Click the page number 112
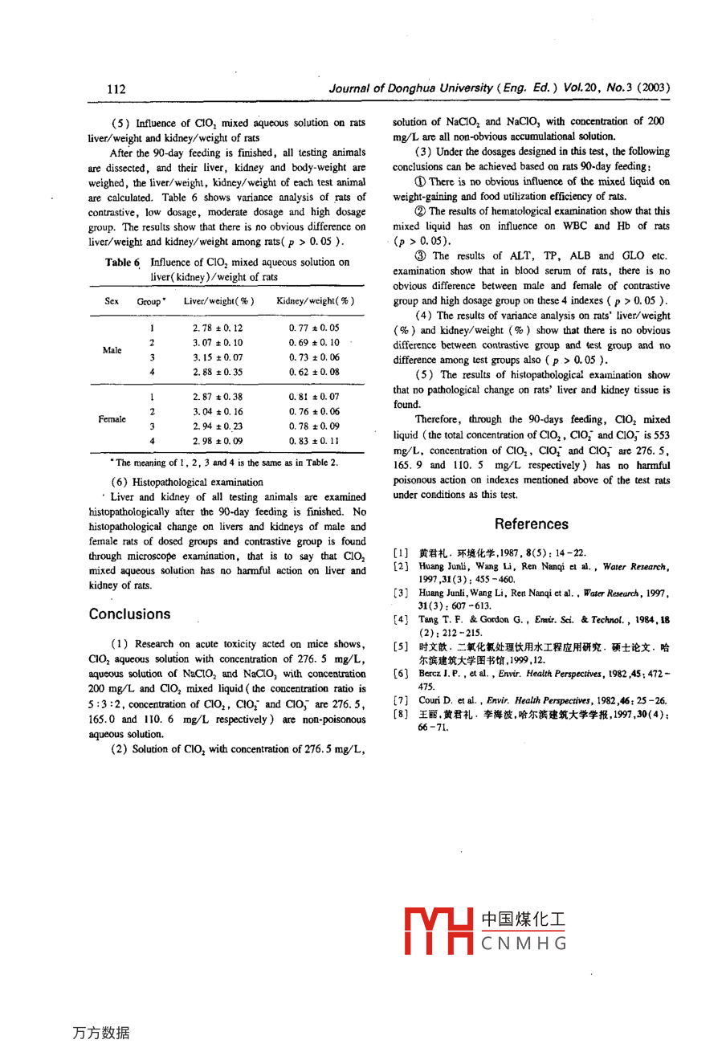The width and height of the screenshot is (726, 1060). tap(116, 89)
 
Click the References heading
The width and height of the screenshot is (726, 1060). tap(531, 524)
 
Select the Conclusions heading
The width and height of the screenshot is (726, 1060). tap(129, 614)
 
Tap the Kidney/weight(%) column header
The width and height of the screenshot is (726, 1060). tap(315, 301)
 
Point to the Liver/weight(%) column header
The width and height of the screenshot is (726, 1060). tap(218, 301)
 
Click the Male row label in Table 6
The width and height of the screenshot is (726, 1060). tap(112, 350)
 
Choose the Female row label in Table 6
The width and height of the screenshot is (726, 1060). tap(112, 418)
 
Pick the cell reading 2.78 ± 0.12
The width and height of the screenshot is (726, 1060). tap(218, 328)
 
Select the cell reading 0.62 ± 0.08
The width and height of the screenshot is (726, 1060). tap(314, 372)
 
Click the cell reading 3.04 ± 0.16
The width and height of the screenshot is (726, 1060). tap(218, 411)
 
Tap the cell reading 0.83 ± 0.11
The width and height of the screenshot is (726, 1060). tap(314, 441)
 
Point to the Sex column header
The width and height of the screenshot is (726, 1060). tap(112, 301)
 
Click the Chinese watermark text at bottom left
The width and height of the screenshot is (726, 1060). tap(100, 1033)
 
